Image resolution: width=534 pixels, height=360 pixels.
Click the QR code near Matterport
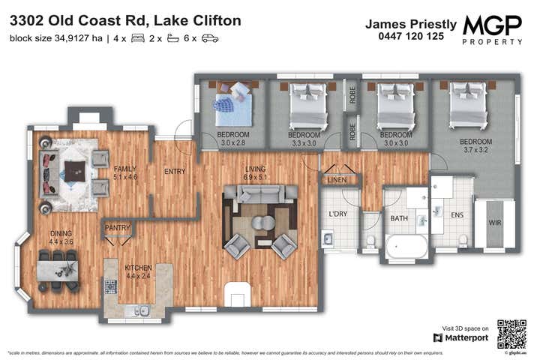tap(511, 333)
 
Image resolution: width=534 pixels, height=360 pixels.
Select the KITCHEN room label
tap(138, 267)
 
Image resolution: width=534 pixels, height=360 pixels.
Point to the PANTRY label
tap(118, 227)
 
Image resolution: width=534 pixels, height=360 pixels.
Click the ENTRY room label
tap(175, 172)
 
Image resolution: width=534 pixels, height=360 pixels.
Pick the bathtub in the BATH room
tap(406, 246)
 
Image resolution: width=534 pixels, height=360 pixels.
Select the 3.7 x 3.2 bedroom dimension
tap(475, 149)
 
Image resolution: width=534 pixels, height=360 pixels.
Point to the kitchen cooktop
tap(110, 286)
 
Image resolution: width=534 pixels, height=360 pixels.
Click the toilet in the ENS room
tap(463, 241)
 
